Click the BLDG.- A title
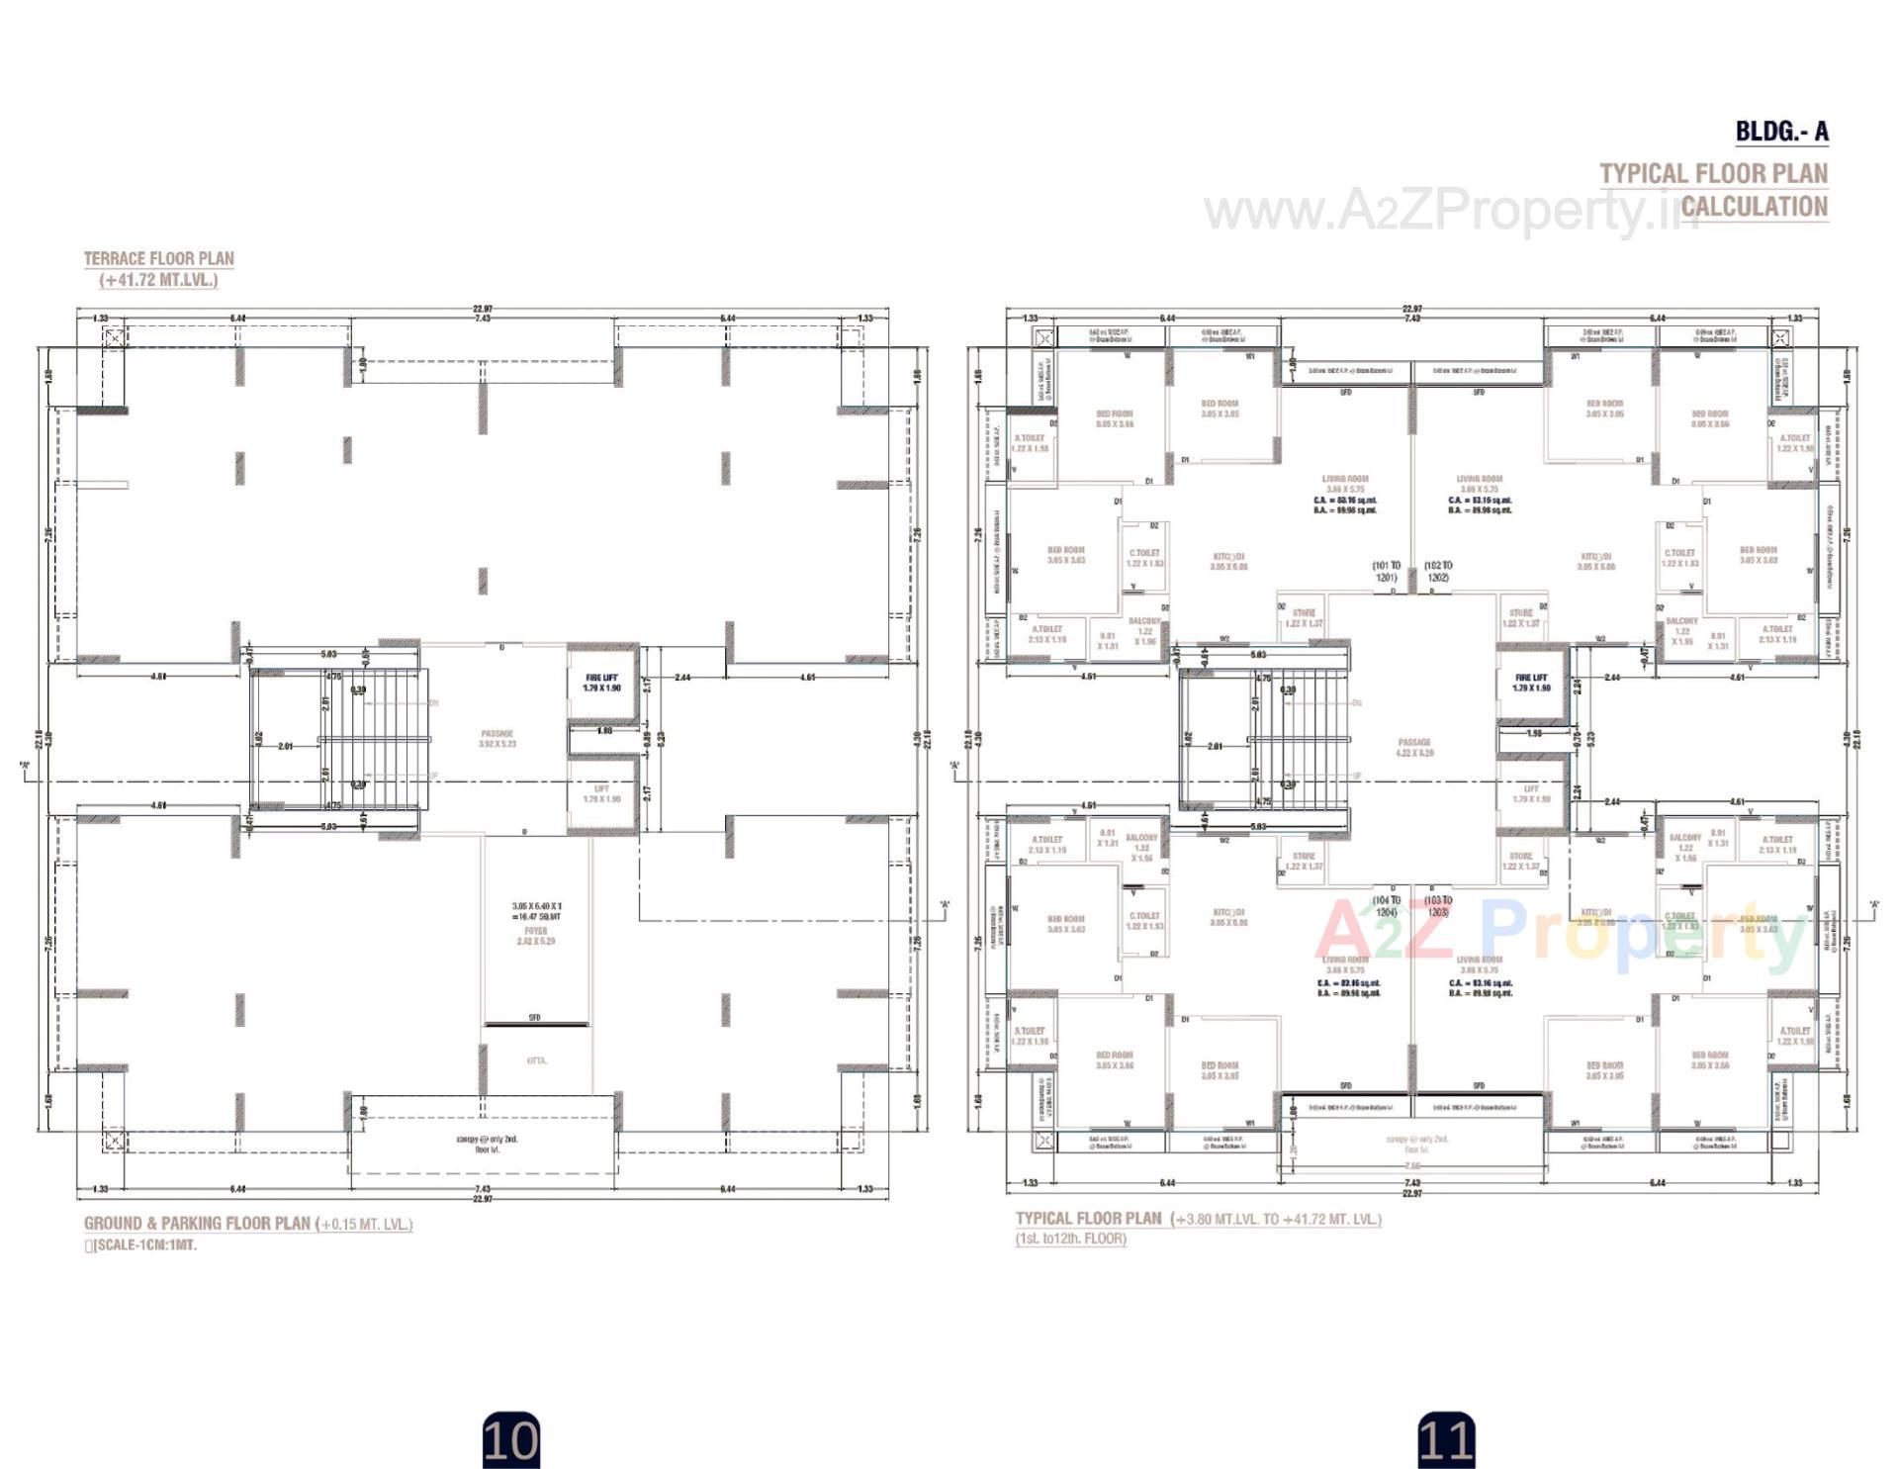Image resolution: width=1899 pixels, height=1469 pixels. coord(1781,132)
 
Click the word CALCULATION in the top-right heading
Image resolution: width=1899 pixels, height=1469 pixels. coord(1754,207)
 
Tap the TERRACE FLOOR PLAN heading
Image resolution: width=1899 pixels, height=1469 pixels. coord(158,258)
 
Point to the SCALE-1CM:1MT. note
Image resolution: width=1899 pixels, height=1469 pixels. coord(144,1245)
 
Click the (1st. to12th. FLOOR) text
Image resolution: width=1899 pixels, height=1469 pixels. coord(1070,1239)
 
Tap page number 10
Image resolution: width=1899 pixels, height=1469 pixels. coord(510,1440)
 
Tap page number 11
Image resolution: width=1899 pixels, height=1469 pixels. coord(1446,1440)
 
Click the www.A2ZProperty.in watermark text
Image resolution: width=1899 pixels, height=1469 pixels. coord(1444,211)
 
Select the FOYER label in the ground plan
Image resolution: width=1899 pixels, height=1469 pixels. coord(536,931)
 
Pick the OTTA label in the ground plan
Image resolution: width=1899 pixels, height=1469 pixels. coord(537,1060)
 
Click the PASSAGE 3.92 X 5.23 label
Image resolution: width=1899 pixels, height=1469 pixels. coord(497,739)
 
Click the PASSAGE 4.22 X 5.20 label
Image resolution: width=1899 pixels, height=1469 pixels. coord(1414,747)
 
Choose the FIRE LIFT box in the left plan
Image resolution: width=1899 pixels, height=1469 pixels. coord(601,683)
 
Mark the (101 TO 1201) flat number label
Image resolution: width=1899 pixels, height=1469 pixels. coord(1386,571)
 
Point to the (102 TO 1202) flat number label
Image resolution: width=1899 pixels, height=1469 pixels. coord(1438,571)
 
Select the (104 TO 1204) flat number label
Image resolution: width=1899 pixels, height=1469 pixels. coord(1387,906)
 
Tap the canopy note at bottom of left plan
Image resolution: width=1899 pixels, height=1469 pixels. coord(487,1145)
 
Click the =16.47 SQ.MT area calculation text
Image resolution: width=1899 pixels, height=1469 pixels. coord(536,917)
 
